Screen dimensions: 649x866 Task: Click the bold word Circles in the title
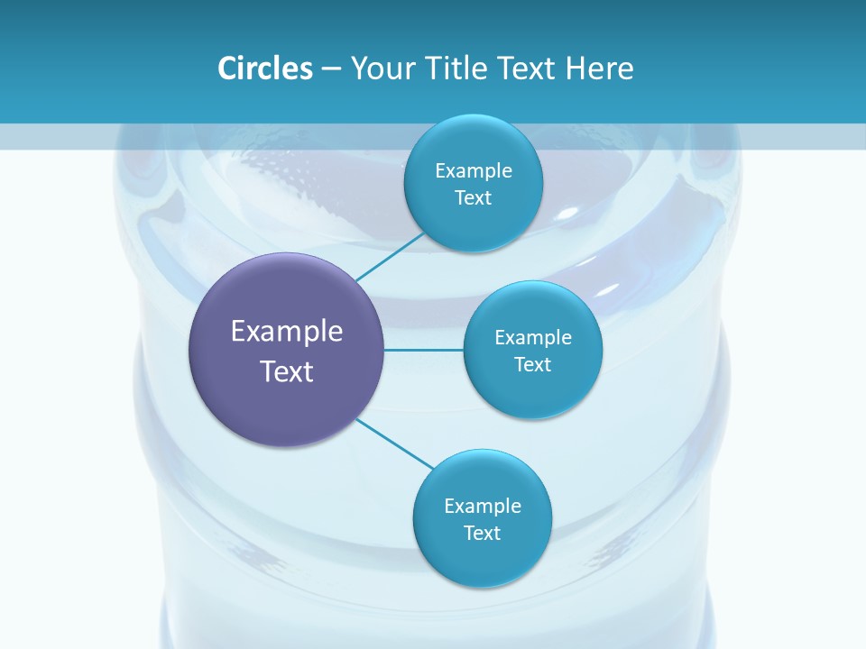click(x=264, y=69)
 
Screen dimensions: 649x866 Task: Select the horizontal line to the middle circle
click(x=423, y=349)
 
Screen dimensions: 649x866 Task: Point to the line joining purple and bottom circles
click(x=395, y=443)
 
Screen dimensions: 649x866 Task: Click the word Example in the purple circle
click(x=286, y=331)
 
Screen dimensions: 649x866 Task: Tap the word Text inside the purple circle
click(x=286, y=371)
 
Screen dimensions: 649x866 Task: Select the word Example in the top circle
click(x=473, y=170)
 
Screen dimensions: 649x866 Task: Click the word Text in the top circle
click(x=473, y=197)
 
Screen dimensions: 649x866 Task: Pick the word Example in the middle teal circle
click(x=532, y=337)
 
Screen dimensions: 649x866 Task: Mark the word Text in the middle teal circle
click(x=532, y=364)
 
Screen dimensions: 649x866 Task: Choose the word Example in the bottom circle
click(x=482, y=506)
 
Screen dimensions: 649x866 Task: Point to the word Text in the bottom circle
click(x=482, y=533)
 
